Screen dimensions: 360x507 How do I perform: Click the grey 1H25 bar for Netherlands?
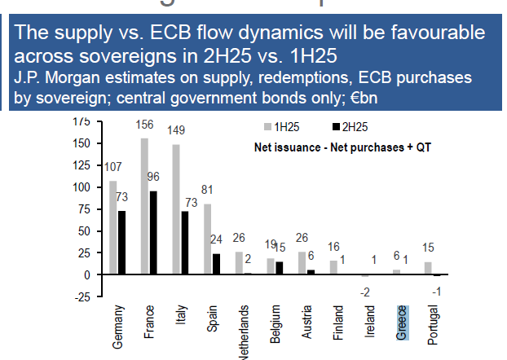(238, 263)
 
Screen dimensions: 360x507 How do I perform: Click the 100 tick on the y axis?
(81, 187)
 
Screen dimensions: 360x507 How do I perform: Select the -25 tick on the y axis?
(79, 296)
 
